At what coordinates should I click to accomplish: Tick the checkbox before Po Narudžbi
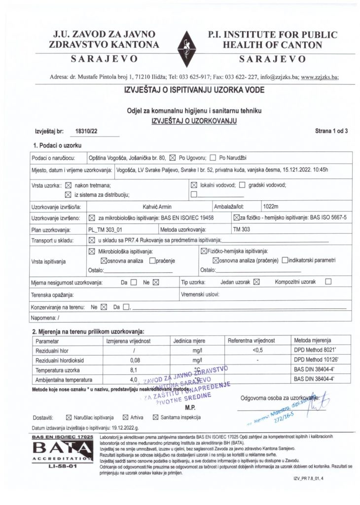[x=213, y=158]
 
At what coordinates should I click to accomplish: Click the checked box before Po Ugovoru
[x=173, y=158]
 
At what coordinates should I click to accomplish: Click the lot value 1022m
[x=271, y=206]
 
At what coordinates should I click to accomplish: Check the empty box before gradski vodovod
[x=242, y=185]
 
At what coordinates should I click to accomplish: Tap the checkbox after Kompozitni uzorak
[x=329, y=282]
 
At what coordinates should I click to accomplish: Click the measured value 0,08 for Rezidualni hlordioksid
[x=128, y=360]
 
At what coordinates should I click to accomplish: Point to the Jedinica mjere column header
[x=189, y=341]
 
